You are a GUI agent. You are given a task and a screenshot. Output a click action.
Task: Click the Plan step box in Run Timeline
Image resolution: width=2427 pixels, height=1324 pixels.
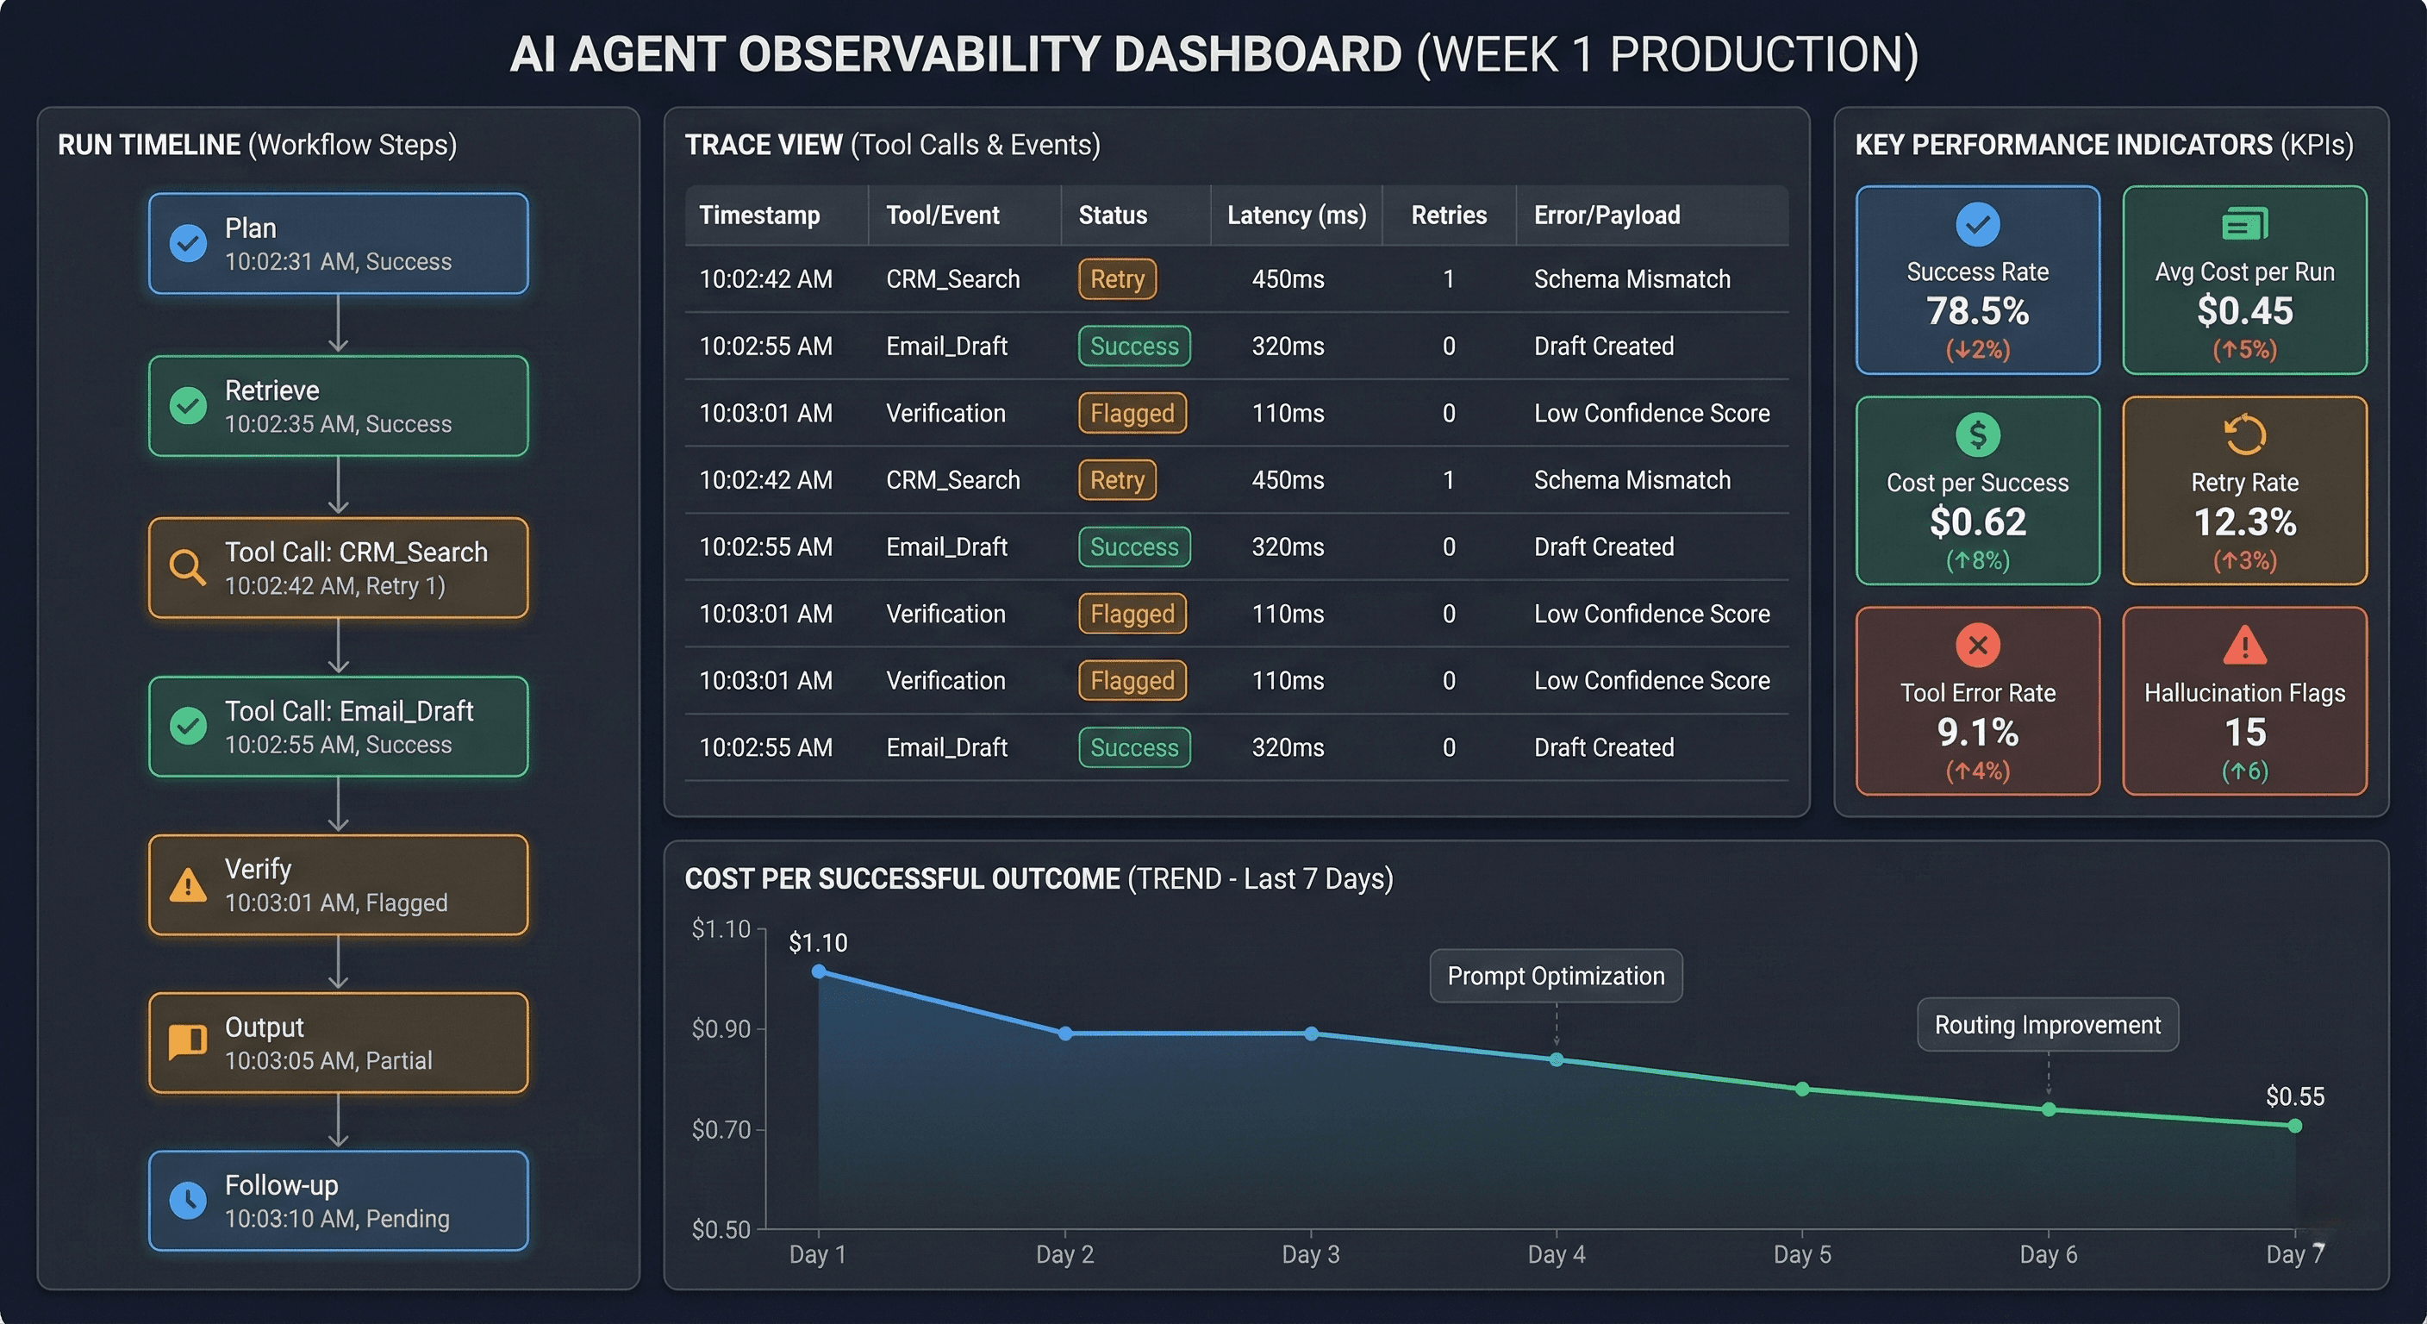pyautogui.click(x=338, y=244)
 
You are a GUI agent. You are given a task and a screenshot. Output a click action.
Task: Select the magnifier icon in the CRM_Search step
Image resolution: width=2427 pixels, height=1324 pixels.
pyautogui.click(x=186, y=567)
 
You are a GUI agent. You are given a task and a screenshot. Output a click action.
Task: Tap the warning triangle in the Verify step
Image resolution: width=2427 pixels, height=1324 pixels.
pyautogui.click(x=188, y=885)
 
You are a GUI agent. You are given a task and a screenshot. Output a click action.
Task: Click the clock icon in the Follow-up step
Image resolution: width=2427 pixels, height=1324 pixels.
pyautogui.click(x=188, y=1200)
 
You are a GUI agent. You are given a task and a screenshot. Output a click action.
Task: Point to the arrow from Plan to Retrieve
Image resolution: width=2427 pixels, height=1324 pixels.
pyautogui.click(x=338, y=324)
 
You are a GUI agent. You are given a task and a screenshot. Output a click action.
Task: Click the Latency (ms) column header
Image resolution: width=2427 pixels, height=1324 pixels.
pyautogui.click(x=1296, y=215)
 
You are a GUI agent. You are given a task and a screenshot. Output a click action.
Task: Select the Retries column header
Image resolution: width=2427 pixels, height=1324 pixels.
pyautogui.click(x=1448, y=215)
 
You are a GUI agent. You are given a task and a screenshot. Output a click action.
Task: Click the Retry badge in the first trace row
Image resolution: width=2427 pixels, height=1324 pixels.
pyautogui.click(x=1116, y=279)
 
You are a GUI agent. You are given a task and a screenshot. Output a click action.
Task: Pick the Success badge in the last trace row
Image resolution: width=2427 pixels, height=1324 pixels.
pyautogui.click(x=1133, y=747)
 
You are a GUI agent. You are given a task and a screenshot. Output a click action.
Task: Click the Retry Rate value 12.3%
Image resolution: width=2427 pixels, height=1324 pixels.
pyautogui.click(x=2244, y=522)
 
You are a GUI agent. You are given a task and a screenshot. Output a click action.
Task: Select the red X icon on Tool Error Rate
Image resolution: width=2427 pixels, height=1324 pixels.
pyautogui.click(x=1978, y=646)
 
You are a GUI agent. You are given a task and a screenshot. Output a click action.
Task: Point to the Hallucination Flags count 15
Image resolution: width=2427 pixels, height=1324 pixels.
pyautogui.click(x=2244, y=732)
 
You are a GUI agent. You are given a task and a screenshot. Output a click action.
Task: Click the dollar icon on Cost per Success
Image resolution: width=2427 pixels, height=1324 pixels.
pyautogui.click(x=1978, y=434)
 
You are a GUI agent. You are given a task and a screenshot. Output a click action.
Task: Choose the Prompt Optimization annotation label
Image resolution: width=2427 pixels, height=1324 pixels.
pyautogui.click(x=1556, y=977)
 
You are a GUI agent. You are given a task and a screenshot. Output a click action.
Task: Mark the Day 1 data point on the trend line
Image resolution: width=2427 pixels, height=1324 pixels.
pyautogui.click(x=819, y=971)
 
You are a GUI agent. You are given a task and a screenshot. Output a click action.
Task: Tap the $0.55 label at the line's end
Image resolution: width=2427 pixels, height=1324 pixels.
pyautogui.click(x=2294, y=1096)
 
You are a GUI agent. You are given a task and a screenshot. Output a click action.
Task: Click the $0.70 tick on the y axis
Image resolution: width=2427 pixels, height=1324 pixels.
pyautogui.click(x=721, y=1129)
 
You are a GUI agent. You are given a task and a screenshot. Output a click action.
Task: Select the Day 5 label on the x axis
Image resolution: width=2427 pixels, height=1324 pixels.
pyautogui.click(x=1801, y=1254)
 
